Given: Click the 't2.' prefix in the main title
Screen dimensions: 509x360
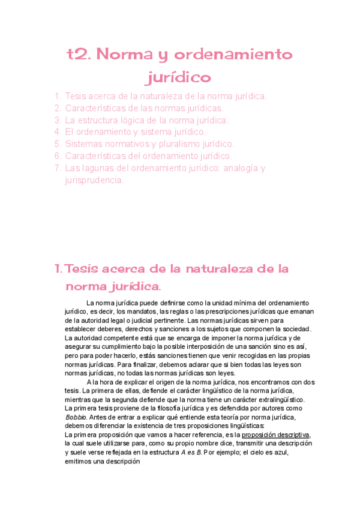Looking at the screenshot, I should tap(77, 55).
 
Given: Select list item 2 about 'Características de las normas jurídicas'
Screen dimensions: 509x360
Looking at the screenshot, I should tap(143, 108).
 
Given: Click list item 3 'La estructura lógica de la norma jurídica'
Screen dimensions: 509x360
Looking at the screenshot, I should tap(146, 120).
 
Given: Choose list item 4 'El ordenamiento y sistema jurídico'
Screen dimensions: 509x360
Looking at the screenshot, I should tap(135, 131).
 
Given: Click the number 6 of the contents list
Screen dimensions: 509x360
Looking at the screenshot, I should tap(58, 155).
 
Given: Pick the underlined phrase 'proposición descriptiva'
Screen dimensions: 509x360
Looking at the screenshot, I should tap(275, 435).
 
